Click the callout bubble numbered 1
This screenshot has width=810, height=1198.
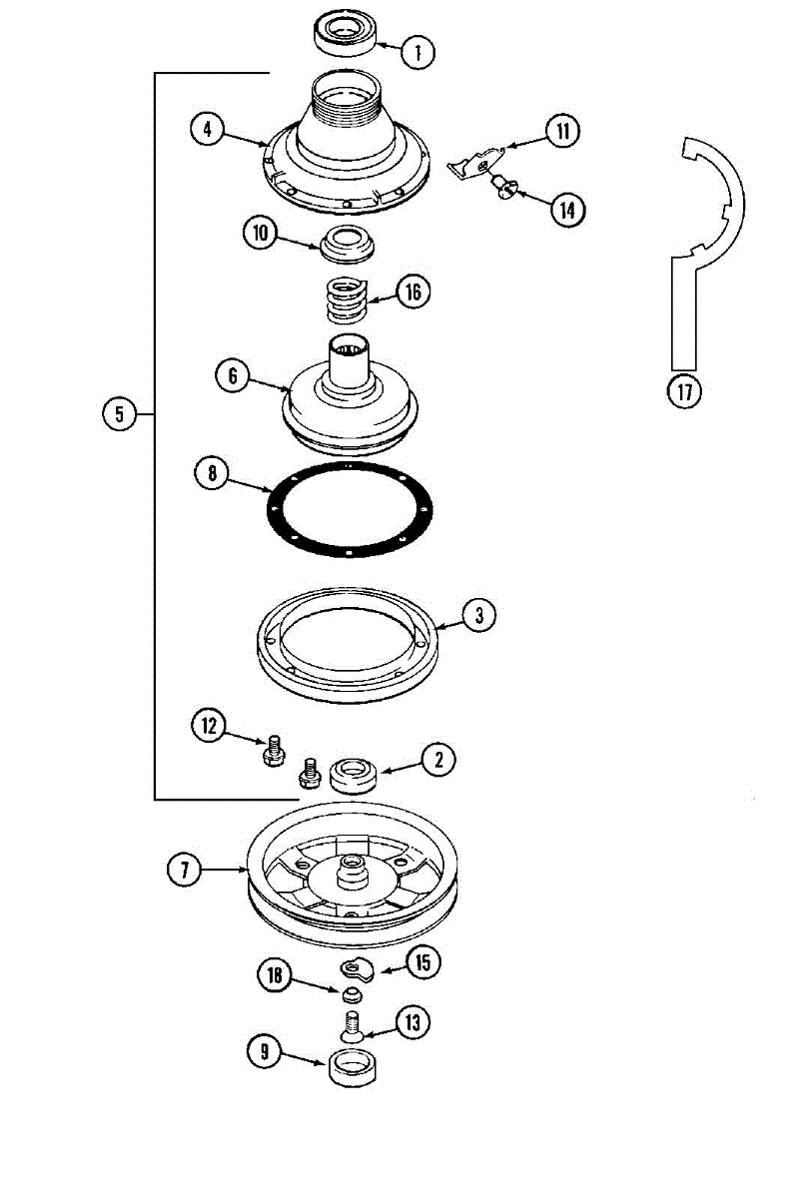pyautogui.click(x=419, y=51)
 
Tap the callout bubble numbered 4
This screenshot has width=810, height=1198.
pyautogui.click(x=207, y=129)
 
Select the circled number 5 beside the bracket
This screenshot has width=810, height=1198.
pyautogui.click(x=119, y=413)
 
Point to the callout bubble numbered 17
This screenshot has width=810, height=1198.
pyautogui.click(x=684, y=390)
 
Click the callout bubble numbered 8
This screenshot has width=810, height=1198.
pyautogui.click(x=213, y=474)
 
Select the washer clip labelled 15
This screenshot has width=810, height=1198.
pyautogui.click(x=357, y=966)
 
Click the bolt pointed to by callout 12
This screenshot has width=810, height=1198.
pyautogui.click(x=272, y=752)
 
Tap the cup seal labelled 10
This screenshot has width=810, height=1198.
pyautogui.click(x=346, y=243)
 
